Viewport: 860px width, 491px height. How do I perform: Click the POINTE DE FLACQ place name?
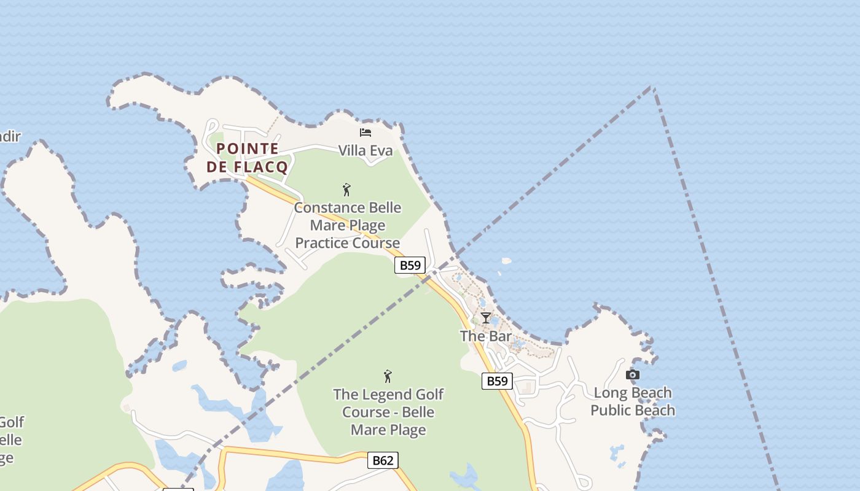(x=247, y=158)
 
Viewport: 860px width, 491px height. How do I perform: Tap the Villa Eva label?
(x=365, y=150)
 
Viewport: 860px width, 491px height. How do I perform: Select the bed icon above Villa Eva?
(x=365, y=132)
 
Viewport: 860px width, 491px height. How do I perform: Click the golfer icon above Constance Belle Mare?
(x=346, y=190)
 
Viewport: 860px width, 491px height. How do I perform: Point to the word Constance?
(x=326, y=207)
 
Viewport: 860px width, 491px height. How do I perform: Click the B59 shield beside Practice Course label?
(x=410, y=265)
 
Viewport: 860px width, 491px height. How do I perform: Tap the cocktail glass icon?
(x=486, y=318)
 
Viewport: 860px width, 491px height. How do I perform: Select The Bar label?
(x=486, y=336)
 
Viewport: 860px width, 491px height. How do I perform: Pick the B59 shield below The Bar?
(x=496, y=381)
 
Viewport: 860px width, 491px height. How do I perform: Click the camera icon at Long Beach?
(x=633, y=374)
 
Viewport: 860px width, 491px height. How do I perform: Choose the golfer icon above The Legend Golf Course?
(x=388, y=376)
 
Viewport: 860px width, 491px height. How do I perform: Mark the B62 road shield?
(x=383, y=460)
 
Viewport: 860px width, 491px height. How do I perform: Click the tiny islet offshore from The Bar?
(x=506, y=261)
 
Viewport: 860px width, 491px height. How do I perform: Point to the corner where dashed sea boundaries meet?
(x=652, y=87)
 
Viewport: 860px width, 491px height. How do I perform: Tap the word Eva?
(x=382, y=150)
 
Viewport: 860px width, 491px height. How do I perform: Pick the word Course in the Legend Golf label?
(x=365, y=412)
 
